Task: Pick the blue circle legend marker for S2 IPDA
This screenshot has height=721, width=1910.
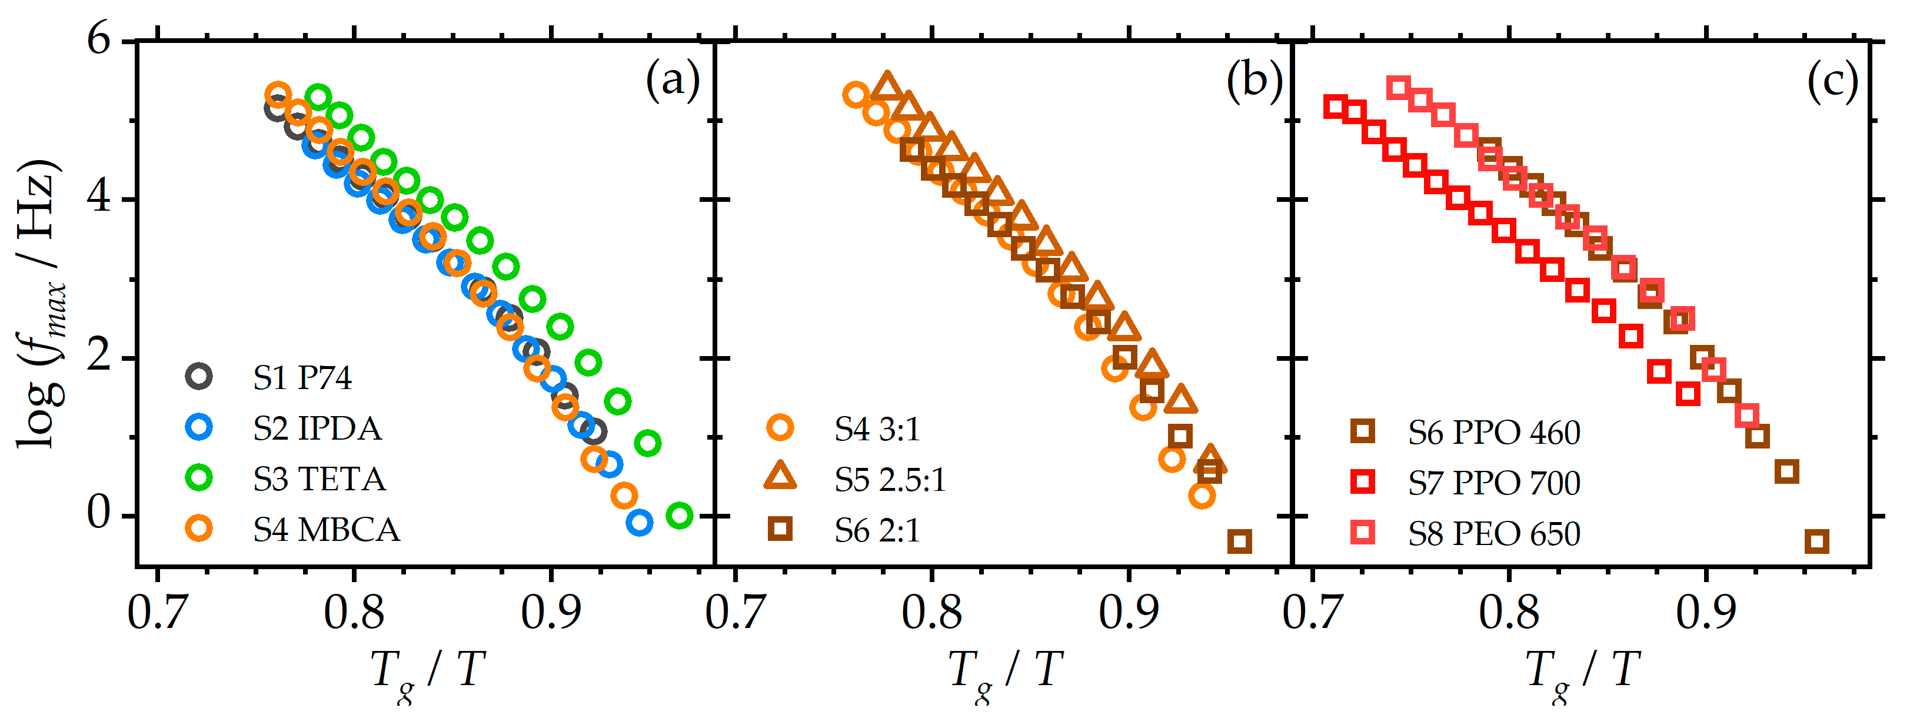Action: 199,427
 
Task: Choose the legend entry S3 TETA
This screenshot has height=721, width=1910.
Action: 320,479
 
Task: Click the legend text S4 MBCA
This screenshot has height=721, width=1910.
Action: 326,530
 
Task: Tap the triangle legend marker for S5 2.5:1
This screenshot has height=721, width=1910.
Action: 780,476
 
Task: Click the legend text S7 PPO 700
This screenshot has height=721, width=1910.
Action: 1494,483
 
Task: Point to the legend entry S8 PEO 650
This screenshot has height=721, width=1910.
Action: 1494,533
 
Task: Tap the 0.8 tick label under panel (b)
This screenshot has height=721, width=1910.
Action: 931,612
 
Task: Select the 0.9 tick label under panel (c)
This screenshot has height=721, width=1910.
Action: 1705,612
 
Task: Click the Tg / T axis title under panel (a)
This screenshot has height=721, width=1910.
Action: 428,672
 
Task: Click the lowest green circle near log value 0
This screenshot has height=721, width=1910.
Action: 679,515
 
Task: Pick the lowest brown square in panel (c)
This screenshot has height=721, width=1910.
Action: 1816,541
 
